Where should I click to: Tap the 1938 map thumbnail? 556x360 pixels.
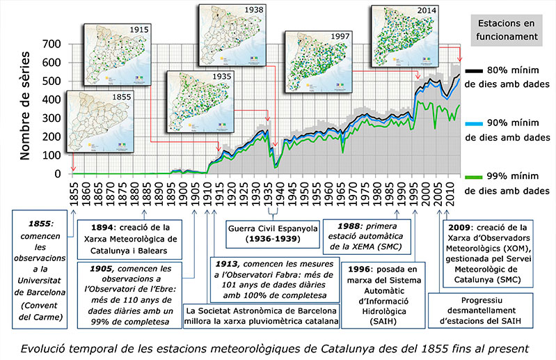point(233,35)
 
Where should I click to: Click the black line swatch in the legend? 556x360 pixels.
point(475,70)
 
